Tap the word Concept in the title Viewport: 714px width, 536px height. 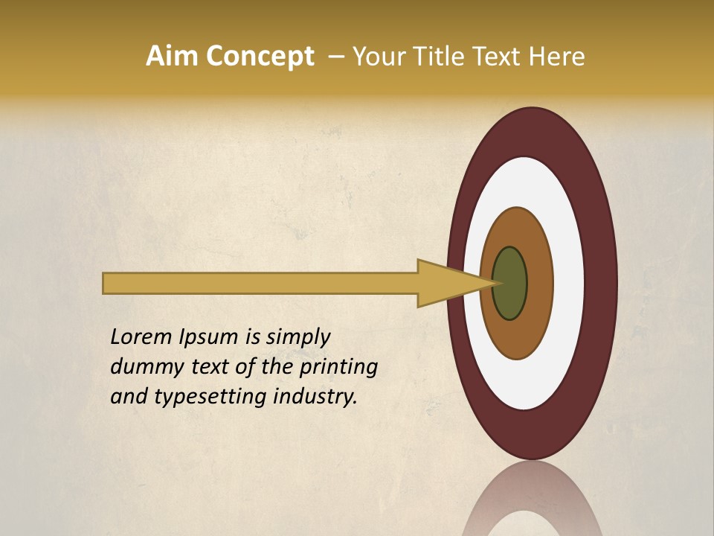coord(260,57)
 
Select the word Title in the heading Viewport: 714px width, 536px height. coord(438,57)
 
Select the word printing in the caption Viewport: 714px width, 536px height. coord(338,368)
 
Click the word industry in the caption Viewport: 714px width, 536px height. coord(315,397)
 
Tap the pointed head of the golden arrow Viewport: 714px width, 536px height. coord(476,283)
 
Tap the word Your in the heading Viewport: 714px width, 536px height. coord(377,57)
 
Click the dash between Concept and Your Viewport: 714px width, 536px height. coord(335,57)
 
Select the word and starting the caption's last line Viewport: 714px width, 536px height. coord(129,397)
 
